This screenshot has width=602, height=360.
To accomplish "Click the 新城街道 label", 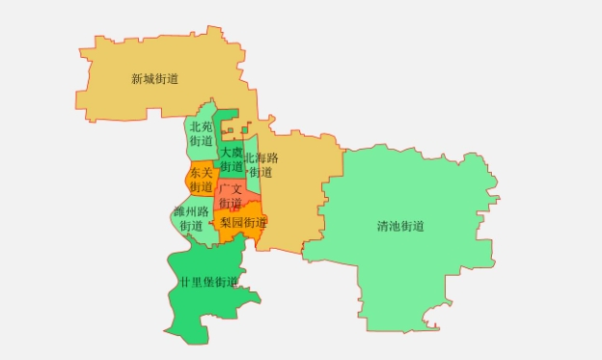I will pyautogui.click(x=154, y=79).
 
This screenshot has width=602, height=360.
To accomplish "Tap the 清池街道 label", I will pyautogui.click(x=400, y=227).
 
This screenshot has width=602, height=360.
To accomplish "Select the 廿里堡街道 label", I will pyautogui.click(x=208, y=283).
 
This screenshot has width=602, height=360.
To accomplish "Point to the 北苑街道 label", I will pyautogui.click(x=201, y=134).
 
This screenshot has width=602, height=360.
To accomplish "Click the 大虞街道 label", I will pyautogui.click(x=231, y=159).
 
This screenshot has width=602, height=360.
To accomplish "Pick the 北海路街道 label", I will pyautogui.click(x=260, y=165).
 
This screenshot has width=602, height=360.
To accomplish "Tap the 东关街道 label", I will pyautogui.click(x=201, y=180).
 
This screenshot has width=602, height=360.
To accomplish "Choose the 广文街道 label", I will pyautogui.click(x=231, y=196).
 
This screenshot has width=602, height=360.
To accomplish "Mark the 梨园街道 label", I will pyautogui.click(x=243, y=223).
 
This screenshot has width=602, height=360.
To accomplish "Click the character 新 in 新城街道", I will pyautogui.click(x=137, y=79).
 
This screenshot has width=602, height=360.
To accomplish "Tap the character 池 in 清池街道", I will pyautogui.click(x=395, y=227).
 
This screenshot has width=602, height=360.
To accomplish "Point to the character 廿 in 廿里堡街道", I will pyautogui.click(x=185, y=283).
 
